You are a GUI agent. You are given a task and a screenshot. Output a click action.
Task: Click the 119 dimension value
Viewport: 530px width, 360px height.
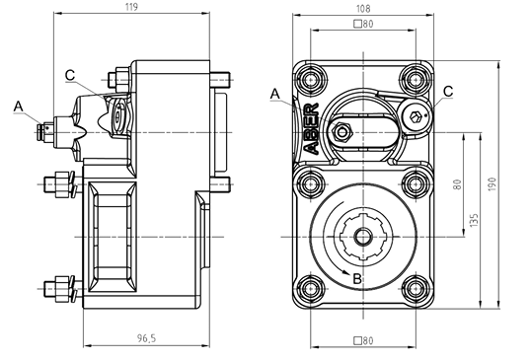point(131,7)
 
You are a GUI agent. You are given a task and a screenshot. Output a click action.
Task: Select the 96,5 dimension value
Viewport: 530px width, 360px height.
point(146,338)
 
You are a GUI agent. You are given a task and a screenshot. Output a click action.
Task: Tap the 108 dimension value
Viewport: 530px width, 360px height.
point(363,8)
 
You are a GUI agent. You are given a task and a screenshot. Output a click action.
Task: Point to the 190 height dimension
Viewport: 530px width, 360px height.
point(492,184)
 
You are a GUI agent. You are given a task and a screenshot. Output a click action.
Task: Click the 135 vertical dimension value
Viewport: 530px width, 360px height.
point(474,220)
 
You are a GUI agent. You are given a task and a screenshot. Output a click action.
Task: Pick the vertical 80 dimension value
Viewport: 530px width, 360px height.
point(457,184)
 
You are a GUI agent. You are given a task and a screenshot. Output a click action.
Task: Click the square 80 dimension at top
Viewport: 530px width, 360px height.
point(363,24)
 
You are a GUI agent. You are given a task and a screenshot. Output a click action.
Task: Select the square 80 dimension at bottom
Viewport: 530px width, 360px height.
point(363,340)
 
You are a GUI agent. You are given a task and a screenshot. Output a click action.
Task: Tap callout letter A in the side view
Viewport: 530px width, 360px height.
point(18,107)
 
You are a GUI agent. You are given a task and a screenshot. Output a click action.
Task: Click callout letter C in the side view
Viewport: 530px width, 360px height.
point(70,75)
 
